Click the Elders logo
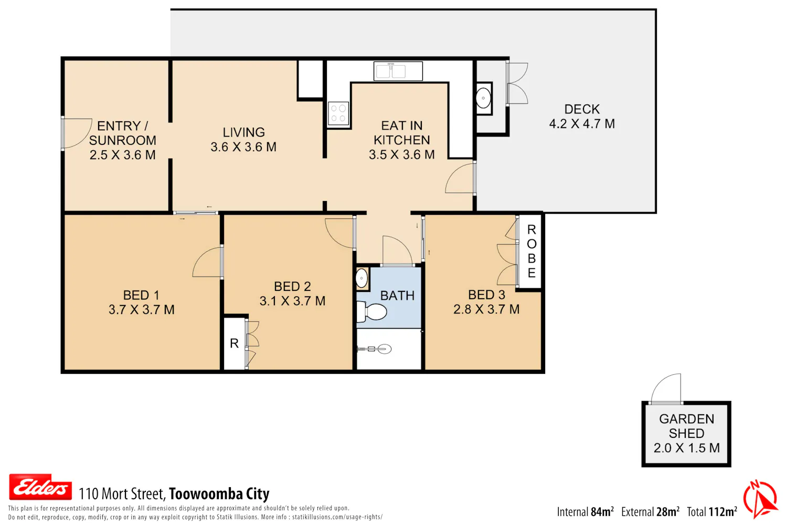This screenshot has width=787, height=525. pos(40,487)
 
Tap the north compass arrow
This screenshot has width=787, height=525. pos(761,499)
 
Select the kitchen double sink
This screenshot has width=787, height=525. pos(398,71)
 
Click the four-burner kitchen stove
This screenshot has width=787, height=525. pos(338,113)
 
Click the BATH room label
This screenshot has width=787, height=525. pos(397,296)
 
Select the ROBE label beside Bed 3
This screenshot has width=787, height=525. pos(531,251)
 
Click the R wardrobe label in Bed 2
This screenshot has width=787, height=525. pos(235,343)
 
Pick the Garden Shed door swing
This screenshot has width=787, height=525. pos(666,388)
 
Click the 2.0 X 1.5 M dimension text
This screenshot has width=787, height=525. pos(686,448)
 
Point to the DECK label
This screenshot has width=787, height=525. pos(582,109)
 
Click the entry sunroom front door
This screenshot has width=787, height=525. pos(76,133)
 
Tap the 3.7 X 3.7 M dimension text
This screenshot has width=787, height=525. pos(142,310)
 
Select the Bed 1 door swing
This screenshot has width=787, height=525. pos(208,262)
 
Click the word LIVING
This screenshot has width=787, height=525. pos(244,132)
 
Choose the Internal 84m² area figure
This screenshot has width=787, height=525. pos(586,512)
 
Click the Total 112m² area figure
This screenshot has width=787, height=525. pos(712,512)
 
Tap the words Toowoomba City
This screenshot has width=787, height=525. pos(219,493)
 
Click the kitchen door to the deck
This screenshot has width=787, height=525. pos(460,178)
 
